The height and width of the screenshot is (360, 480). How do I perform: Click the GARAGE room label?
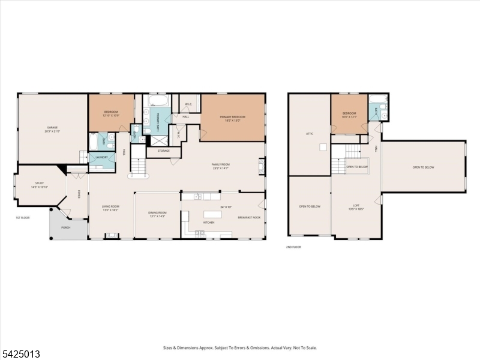coord(52,127)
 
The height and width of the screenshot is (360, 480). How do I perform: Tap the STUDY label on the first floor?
coord(39,184)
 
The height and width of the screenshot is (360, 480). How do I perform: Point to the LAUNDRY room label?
coord(101,157)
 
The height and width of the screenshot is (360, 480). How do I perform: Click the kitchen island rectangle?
coord(213,214)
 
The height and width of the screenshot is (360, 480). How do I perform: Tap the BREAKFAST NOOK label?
coord(249,217)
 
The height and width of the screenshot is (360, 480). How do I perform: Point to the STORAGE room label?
coord(163,151)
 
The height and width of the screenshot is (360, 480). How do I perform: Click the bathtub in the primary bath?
coord(160,100)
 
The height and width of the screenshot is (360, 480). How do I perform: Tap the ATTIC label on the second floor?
coord(310,133)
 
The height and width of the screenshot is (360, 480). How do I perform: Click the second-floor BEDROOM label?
coord(349,113)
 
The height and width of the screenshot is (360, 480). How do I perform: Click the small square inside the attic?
coord(323,146)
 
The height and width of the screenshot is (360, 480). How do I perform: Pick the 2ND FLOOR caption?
coord(293,246)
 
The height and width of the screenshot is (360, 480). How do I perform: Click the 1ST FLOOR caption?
coord(22,218)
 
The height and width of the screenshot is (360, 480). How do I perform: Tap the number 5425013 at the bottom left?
coord(20,354)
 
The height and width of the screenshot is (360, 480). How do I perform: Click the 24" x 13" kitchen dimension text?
coord(226,207)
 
